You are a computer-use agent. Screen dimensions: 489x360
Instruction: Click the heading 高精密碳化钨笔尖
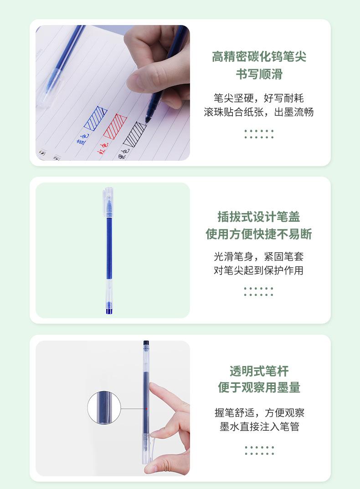tap(259, 57)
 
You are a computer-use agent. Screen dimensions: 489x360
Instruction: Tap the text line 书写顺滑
tap(259, 74)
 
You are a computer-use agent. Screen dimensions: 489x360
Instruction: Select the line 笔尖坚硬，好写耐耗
tap(259, 98)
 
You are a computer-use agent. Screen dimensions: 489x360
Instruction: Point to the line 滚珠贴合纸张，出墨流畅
tap(259, 112)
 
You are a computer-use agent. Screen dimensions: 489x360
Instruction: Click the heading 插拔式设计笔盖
tap(259, 217)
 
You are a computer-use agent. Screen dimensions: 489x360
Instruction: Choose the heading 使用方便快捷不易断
tap(259, 234)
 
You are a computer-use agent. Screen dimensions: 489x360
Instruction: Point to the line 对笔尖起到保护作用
tap(259, 270)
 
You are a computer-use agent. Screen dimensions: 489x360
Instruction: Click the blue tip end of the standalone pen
tap(109, 310)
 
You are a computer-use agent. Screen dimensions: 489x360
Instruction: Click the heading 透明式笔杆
tap(259, 371)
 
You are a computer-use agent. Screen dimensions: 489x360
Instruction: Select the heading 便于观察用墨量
tap(259, 387)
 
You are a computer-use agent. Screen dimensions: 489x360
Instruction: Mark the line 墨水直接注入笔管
tap(259, 427)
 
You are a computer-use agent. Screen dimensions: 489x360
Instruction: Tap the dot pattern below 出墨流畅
tap(259, 134)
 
